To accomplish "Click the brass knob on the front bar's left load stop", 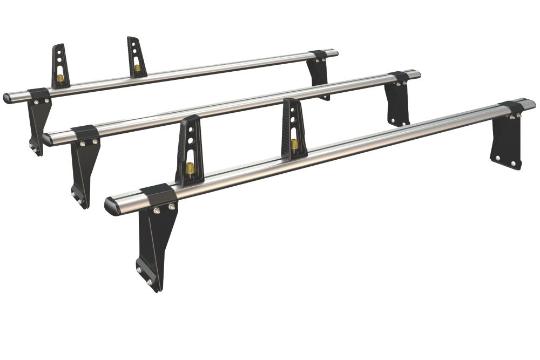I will pos(191,169).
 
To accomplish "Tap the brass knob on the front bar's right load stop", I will pos(294,145).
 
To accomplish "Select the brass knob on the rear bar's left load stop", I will pos(60,78).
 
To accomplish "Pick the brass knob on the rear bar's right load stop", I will pos(137,69).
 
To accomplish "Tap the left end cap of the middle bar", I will pos(47,139).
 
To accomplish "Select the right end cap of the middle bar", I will pos(416,73).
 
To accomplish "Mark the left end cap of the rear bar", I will pos(7,98).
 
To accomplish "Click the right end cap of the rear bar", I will pos(334,53).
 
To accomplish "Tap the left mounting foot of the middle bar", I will pos(84,167).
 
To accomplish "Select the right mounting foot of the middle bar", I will pos(397,103).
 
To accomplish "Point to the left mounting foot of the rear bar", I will pos(38,121).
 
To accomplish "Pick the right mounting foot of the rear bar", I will pos(319,73).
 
